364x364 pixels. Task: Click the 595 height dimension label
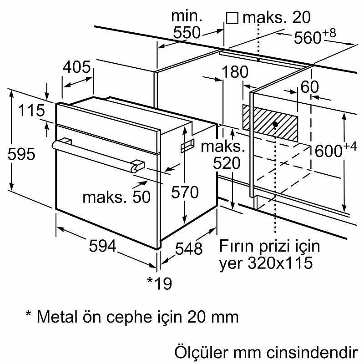click(x=21, y=154)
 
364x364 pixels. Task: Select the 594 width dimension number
click(x=102, y=246)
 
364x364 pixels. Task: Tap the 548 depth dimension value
click(x=188, y=248)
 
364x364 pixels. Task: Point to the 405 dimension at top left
click(x=76, y=67)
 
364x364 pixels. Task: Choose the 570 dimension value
click(x=185, y=192)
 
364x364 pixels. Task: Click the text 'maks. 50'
click(x=116, y=197)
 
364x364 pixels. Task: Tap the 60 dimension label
click(x=310, y=87)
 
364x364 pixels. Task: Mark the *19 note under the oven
click(x=160, y=283)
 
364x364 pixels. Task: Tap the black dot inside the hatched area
click(x=275, y=123)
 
